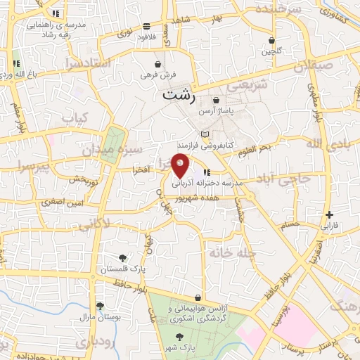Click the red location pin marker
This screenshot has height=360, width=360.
[x=181, y=165]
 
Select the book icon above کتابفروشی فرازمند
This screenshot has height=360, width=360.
[x=205, y=134]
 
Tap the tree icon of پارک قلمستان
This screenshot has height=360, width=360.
[x=124, y=258]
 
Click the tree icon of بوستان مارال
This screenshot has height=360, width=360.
[x=101, y=306]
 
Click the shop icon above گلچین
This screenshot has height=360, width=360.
[x=271, y=40]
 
